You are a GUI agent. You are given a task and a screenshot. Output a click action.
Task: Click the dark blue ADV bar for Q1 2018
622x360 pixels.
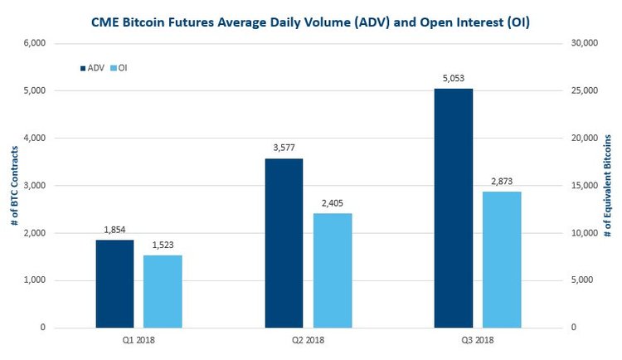114,284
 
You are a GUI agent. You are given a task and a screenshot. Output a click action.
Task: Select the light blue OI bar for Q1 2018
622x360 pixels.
163,291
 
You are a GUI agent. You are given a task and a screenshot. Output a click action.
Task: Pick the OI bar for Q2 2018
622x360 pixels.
332,270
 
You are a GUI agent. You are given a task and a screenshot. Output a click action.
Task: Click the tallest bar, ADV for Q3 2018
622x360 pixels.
454,207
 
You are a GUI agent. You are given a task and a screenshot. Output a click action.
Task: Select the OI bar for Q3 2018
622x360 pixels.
502,260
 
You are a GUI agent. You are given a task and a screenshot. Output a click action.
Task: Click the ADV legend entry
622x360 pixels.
91,67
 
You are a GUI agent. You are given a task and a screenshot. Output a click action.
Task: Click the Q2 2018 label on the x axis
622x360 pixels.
308,340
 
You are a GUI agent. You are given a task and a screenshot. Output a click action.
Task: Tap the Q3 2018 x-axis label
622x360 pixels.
478,340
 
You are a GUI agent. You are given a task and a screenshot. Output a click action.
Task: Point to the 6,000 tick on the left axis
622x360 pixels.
32,43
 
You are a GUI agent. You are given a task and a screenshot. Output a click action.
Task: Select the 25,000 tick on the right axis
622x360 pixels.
588,90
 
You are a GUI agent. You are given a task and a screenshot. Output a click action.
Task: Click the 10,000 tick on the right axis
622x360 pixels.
588,233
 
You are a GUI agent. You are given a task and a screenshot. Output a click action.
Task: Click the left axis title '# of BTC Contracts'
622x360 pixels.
13,187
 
